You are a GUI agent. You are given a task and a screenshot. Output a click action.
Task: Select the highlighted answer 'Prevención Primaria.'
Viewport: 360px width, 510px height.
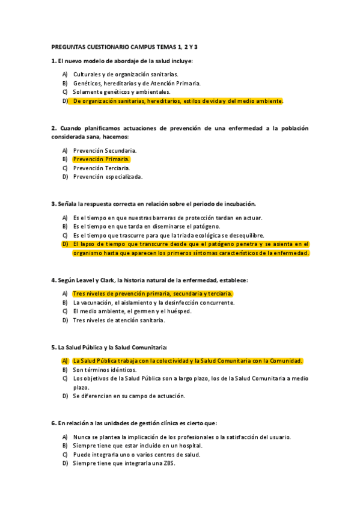[x=101, y=159]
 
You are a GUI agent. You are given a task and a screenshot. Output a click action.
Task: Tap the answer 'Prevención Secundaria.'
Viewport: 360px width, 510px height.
[x=105, y=150]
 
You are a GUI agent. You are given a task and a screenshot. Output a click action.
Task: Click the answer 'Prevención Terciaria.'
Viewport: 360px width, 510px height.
[x=101, y=168]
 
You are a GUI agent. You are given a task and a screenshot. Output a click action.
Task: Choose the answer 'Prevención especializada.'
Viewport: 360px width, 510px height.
[x=108, y=177]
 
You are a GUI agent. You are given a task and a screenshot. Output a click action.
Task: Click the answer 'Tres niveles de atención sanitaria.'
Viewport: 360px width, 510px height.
[x=118, y=320]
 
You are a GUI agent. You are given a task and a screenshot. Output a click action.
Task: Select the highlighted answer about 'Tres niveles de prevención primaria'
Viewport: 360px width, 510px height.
[x=152, y=293]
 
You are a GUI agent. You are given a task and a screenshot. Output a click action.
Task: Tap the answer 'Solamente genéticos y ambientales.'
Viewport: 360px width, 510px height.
[x=121, y=92]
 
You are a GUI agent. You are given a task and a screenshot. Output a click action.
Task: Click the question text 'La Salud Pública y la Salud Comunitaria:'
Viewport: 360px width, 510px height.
[x=109, y=347]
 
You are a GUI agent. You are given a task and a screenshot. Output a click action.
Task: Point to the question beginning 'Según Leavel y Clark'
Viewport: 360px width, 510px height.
[x=150, y=280]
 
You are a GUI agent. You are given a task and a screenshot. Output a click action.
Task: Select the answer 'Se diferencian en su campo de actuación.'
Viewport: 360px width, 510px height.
[x=129, y=396]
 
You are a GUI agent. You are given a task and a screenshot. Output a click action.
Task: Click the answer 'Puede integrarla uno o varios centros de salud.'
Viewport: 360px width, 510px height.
[x=136, y=455]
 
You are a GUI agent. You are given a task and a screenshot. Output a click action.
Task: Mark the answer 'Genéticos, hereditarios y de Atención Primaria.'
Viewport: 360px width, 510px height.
[x=137, y=83]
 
